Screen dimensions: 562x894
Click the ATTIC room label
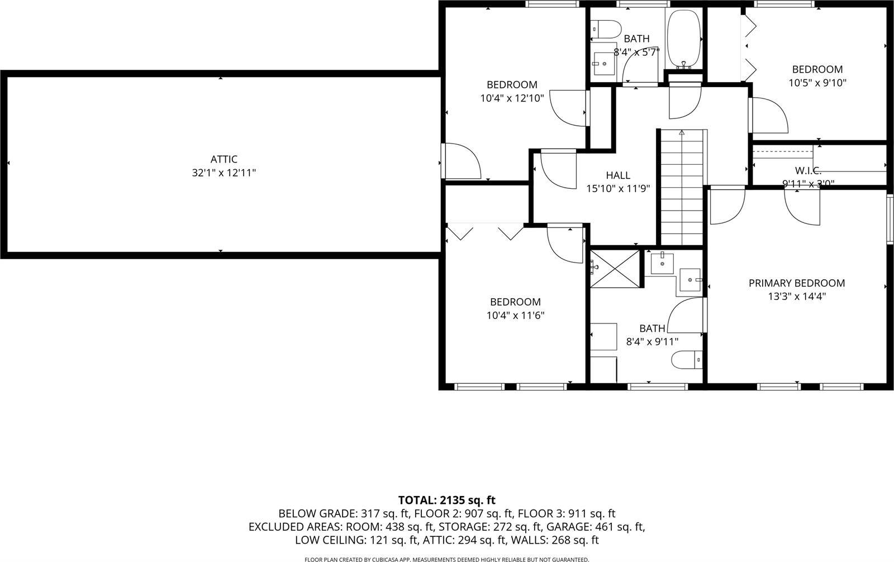pos(223,160)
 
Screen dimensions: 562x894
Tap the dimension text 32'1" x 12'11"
pos(223,173)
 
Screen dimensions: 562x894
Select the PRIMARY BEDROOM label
pos(796,283)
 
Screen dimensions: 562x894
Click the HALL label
pos(617,175)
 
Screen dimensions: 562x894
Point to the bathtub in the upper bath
pos(683,38)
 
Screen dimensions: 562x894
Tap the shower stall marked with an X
pos(616,269)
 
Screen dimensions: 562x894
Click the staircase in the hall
pos(681,187)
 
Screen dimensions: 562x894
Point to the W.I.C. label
pos(808,170)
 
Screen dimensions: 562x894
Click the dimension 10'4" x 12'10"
pos(512,98)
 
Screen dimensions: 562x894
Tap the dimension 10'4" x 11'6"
pos(515,316)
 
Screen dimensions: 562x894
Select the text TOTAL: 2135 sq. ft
pos(446,500)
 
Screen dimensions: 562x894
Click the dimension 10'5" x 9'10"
pos(817,83)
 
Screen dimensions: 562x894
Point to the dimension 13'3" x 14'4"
pos(796,297)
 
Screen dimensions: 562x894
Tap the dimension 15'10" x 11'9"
pos(617,189)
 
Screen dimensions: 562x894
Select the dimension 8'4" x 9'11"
pos(652,342)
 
